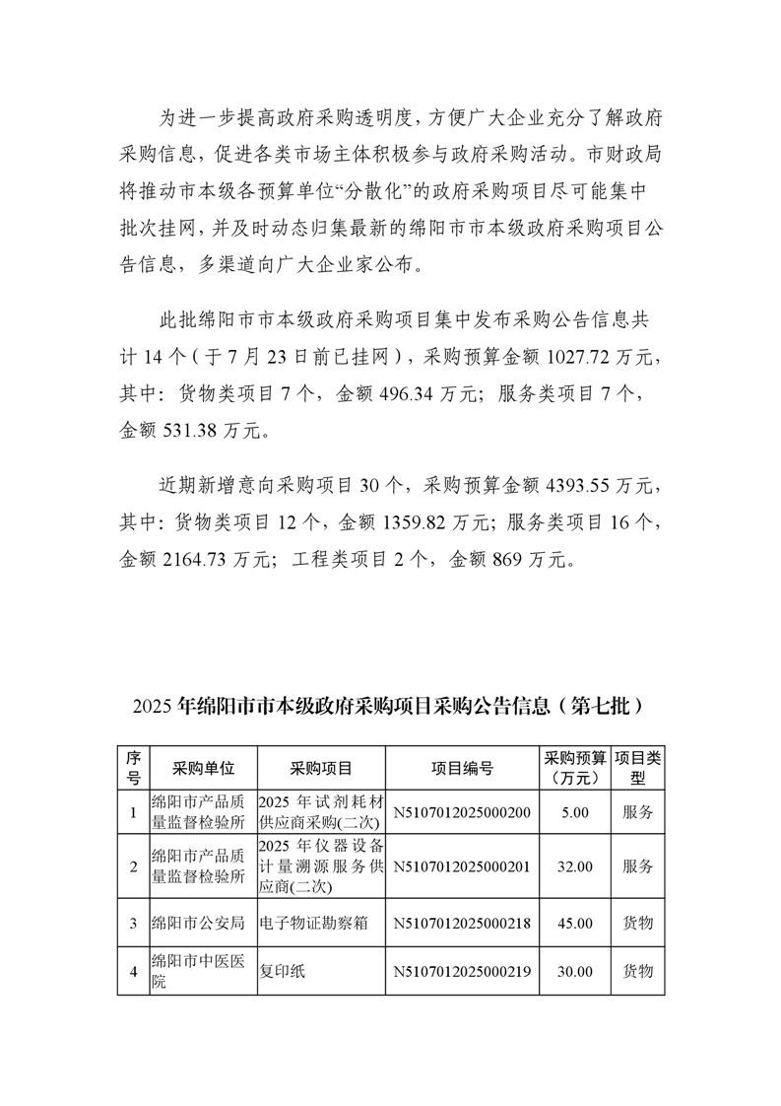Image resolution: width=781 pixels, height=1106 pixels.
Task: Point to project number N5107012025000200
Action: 462,812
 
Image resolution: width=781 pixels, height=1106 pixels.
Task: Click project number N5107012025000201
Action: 462,866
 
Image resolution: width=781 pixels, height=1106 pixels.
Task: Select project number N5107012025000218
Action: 462,923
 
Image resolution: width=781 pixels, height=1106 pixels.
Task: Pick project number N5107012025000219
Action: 462,971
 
